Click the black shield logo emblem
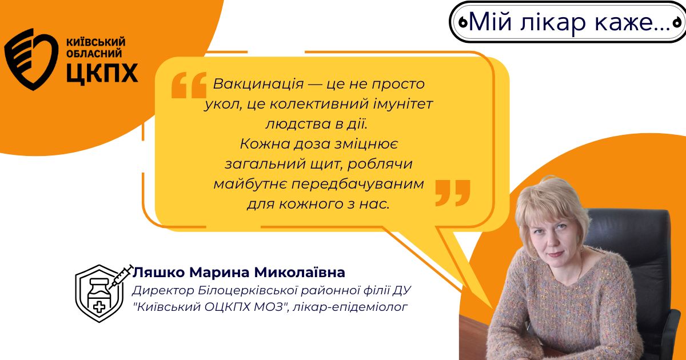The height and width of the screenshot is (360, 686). (31, 59)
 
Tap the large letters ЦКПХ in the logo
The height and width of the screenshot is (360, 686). (102, 74)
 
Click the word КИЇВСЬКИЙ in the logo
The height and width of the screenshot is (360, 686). (96, 42)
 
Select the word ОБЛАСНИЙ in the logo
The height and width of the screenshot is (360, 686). (94, 54)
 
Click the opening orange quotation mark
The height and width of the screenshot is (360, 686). (189, 85)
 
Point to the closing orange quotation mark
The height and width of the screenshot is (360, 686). (453, 193)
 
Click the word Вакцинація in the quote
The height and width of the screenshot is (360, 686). (258, 84)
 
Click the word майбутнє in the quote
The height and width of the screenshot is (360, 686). (250, 184)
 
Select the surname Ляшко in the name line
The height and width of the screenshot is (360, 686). (159, 272)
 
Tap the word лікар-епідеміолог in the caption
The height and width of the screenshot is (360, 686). (350, 307)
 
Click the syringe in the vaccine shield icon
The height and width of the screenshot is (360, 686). (121, 277)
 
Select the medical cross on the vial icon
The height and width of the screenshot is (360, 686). (99, 306)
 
